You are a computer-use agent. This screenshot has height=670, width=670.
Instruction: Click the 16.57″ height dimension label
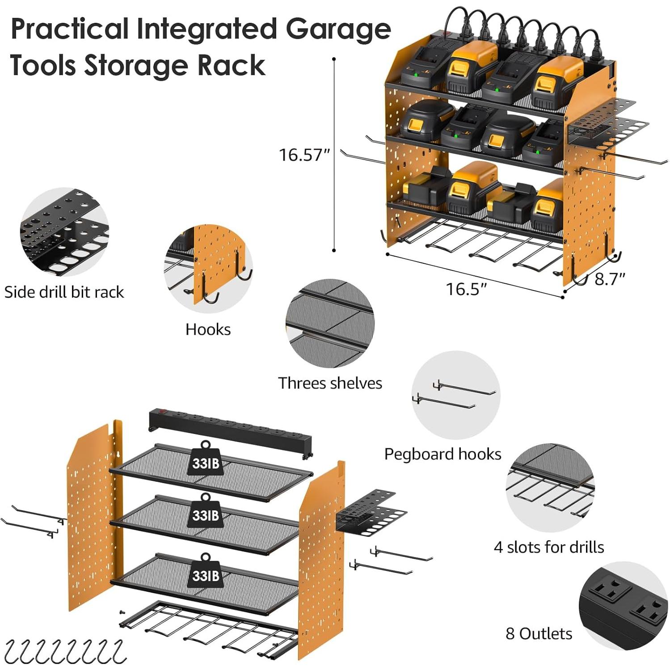point(304,155)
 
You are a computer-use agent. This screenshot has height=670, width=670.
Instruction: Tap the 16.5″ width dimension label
point(466,289)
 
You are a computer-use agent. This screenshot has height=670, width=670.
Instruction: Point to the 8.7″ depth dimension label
point(610,279)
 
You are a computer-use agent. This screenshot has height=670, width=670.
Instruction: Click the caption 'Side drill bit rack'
point(64,292)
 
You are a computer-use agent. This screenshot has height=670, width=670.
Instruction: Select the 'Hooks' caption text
point(208,329)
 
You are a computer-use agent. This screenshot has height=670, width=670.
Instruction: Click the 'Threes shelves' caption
point(330,383)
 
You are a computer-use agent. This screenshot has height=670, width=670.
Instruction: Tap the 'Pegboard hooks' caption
point(442,454)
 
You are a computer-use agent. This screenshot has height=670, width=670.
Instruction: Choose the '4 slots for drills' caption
point(549,547)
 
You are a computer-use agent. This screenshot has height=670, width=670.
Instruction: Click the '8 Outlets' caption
point(539,633)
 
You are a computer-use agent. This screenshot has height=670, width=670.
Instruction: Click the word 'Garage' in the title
point(338,29)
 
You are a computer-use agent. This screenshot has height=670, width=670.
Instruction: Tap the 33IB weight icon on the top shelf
point(206,460)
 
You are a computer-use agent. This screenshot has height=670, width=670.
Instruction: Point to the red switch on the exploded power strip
point(158,411)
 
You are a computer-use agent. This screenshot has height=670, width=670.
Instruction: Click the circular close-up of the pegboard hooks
point(455,395)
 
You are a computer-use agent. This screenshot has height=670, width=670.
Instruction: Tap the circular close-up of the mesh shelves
point(330,324)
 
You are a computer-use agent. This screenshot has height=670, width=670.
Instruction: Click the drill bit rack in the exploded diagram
point(371,512)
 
